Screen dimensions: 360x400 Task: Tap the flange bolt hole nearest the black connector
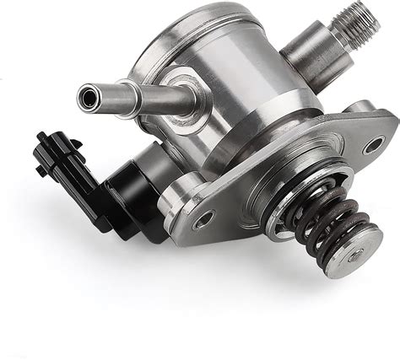pyautogui.click(x=203, y=221)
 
